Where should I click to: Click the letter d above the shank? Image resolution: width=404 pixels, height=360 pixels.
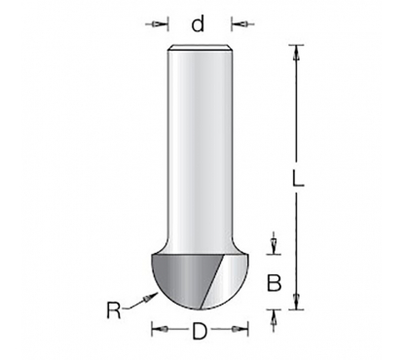(198, 23)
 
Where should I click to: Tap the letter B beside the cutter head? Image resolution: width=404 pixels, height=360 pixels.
(274, 283)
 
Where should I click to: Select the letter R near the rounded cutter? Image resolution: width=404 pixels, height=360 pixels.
(114, 310)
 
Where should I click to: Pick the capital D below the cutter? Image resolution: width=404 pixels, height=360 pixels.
(200, 331)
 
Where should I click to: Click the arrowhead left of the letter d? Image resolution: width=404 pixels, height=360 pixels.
(157, 24)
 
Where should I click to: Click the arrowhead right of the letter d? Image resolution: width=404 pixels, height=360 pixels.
(242, 23)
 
